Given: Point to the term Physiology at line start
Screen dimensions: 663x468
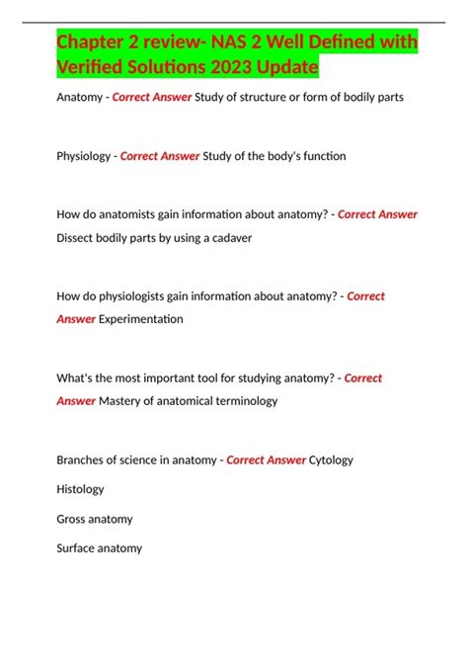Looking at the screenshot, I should tap(83, 156).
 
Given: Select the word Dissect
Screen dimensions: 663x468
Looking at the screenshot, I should tap(78, 238).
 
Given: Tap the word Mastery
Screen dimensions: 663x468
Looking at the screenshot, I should tap(122, 401).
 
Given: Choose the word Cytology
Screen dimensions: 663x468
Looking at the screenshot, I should tap(331, 459).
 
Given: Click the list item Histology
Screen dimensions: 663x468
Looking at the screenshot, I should tap(80, 489).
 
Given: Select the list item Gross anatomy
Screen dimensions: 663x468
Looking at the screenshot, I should tap(95, 519).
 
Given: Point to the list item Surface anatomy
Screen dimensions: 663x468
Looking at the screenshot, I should tap(100, 548).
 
